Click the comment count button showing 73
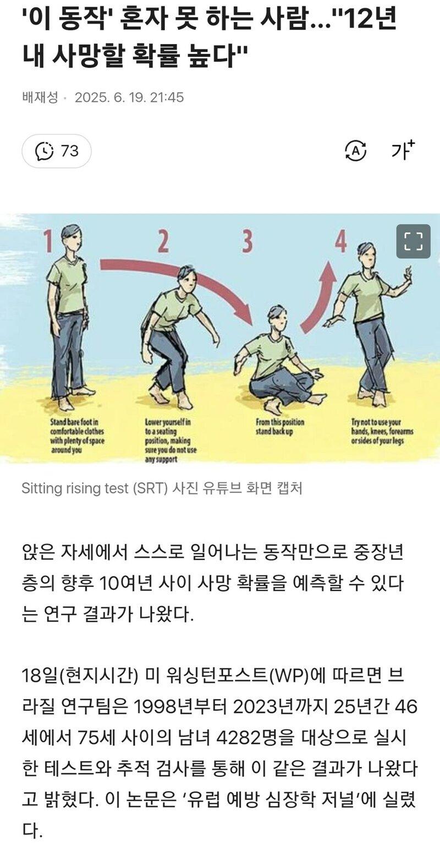pyautogui.click(x=57, y=151)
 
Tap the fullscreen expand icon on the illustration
pyautogui.click(x=413, y=241)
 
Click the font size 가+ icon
pyautogui.click(x=403, y=150)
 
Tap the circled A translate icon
pyautogui.click(x=355, y=150)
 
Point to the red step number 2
pyautogui.click(x=163, y=241)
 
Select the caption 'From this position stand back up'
pyautogui.click(x=279, y=427)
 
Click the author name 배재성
pyautogui.click(x=40, y=97)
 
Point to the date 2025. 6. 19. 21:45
pyautogui.click(x=129, y=97)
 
